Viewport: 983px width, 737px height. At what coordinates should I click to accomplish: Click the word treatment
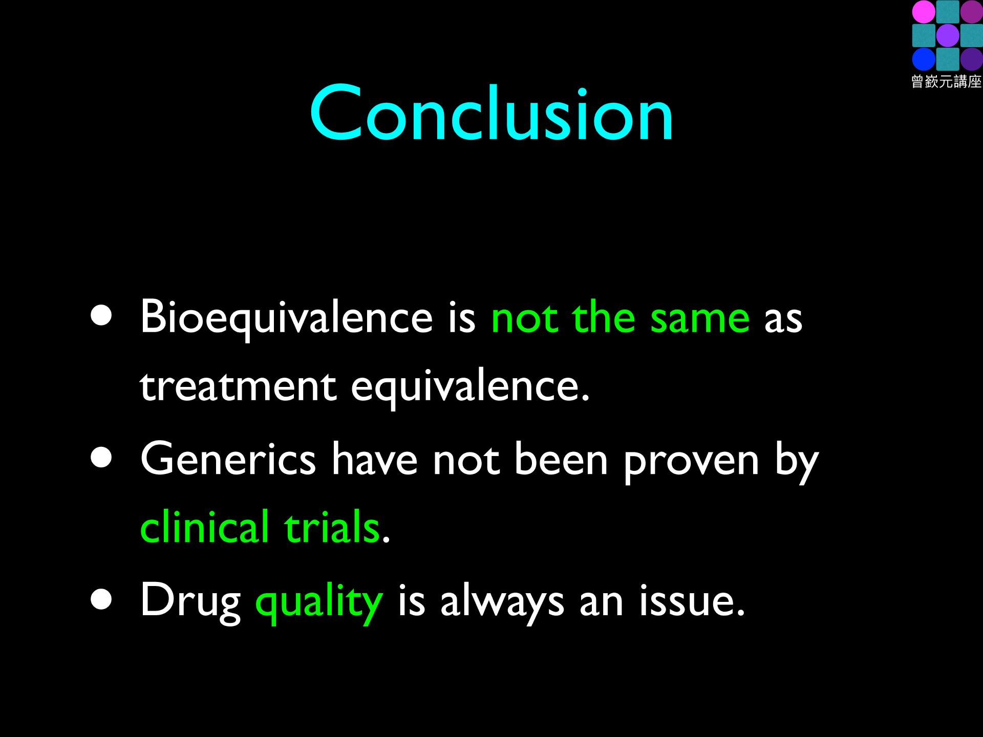click(238, 386)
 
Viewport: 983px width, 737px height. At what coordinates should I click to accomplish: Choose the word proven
click(691, 464)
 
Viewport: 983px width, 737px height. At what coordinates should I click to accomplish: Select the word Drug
click(190, 602)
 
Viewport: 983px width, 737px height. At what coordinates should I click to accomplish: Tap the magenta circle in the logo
click(924, 11)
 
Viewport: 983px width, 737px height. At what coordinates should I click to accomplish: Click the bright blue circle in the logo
click(924, 59)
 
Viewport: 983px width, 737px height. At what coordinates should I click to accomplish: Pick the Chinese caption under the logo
click(947, 82)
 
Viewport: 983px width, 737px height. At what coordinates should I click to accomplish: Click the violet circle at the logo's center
click(948, 35)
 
